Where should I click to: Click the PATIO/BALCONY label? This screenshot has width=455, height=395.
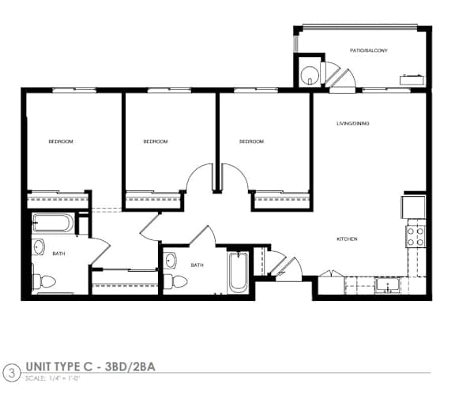coord(369,51)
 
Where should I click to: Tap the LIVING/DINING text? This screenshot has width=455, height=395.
coord(353,124)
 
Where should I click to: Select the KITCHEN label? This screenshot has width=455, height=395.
coord(348,239)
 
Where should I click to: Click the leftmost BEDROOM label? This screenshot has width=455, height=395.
coord(61,141)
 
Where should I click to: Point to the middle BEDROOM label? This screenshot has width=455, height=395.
coord(156,141)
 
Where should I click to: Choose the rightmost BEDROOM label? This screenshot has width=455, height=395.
coord(251,141)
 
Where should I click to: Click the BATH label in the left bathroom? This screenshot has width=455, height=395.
coord(58,254)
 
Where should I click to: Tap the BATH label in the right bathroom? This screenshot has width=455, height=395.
coord(197,265)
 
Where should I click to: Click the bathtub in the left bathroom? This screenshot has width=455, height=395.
coord(53,223)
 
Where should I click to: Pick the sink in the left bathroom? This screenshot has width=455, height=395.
coord(39,248)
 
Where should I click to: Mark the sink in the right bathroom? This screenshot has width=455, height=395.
coord(171,258)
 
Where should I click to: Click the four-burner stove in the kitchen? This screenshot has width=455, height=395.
coord(415,235)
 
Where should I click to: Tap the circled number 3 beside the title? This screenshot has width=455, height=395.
coord(11,371)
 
